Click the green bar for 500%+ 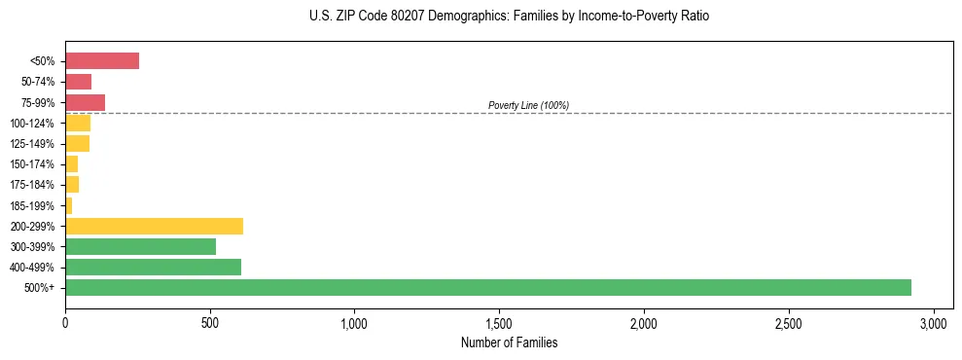(x=487, y=287)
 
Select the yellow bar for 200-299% (x=154, y=226)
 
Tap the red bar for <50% (x=102, y=61)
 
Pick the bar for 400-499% (x=153, y=267)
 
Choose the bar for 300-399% (x=140, y=246)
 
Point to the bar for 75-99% (x=85, y=102)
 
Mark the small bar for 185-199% (x=69, y=205)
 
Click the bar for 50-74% (x=78, y=82)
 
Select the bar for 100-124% (x=78, y=123)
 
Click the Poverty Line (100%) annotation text (x=528, y=105)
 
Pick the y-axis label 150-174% (x=32, y=164)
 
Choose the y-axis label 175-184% (x=32, y=185)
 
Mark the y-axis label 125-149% (x=32, y=144)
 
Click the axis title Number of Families (x=509, y=343)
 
